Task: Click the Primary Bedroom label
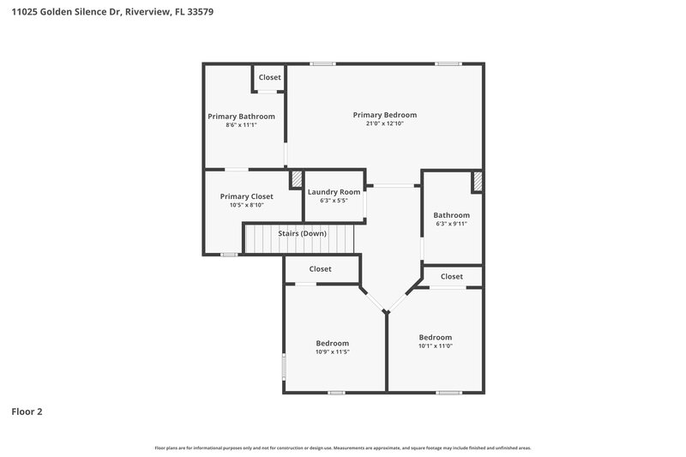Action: [385, 115]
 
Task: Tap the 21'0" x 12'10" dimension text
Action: [385, 124]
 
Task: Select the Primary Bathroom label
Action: [241, 117]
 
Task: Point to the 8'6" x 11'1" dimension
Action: [241, 125]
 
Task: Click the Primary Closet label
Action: [246, 196]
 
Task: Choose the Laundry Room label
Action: [334, 192]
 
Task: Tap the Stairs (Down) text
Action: [301, 232]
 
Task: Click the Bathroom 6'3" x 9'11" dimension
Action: [451, 224]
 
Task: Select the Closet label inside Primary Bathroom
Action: [269, 77]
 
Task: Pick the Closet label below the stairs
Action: [320, 269]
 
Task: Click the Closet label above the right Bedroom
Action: [451, 276]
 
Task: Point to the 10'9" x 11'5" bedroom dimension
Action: [332, 352]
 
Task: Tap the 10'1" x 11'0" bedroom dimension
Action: [435, 346]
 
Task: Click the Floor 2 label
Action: [27, 412]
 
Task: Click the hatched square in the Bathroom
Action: [478, 182]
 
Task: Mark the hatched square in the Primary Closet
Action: [297, 178]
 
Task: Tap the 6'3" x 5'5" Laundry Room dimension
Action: [334, 201]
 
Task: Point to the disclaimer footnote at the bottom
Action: [342, 448]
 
